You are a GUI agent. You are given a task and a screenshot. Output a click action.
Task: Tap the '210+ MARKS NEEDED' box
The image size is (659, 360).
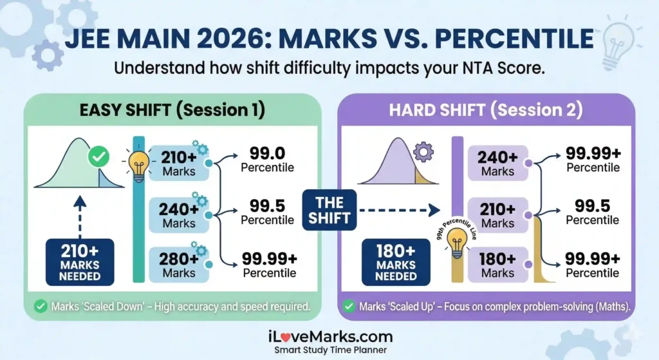pyautogui.click(x=80, y=261)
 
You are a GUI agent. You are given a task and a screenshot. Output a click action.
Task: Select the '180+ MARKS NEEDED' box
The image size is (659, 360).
pyautogui.click(x=395, y=261)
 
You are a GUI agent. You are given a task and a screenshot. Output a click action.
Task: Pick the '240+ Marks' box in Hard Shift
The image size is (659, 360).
pyautogui.click(x=497, y=163)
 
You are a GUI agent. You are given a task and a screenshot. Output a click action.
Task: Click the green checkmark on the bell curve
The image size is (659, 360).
pyautogui.click(x=98, y=157)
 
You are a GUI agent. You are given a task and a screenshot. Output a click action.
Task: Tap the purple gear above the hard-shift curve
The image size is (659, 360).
pyautogui.click(x=423, y=152)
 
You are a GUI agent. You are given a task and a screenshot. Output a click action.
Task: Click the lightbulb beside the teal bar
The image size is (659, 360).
pyautogui.click(x=138, y=165)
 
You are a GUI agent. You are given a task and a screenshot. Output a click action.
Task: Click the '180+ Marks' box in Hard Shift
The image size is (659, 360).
pyautogui.click(x=497, y=265)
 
